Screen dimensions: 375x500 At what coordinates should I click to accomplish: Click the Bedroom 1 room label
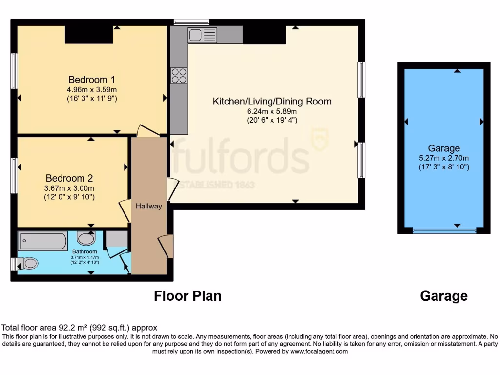click(x=92, y=80)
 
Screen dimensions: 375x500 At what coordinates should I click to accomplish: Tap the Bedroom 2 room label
click(x=69, y=178)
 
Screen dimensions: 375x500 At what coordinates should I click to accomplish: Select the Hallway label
click(x=149, y=206)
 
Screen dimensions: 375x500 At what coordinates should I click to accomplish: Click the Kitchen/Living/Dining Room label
click(x=272, y=102)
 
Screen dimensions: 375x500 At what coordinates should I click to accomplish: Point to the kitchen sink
click(x=202, y=35)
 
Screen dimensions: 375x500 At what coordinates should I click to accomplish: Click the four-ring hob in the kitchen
click(x=179, y=75)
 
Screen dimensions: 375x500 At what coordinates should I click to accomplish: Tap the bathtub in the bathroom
click(x=42, y=241)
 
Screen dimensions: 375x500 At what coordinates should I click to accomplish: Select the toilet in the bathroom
click(x=28, y=264)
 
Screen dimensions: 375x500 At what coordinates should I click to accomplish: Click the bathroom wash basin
click(x=86, y=239)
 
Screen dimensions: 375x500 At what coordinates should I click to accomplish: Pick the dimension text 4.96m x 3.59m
click(x=92, y=90)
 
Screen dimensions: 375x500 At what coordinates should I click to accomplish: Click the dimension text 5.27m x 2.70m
click(x=444, y=158)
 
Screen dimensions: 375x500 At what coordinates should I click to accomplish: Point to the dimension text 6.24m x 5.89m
click(x=272, y=111)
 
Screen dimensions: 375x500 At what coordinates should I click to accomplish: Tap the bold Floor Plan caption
click(x=187, y=296)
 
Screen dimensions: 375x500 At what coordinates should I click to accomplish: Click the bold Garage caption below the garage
click(x=443, y=296)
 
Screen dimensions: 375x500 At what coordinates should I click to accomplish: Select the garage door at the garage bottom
click(x=444, y=230)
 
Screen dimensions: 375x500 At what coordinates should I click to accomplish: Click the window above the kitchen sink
click(x=191, y=21)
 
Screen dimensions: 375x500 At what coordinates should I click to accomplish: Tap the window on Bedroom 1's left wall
click(x=14, y=71)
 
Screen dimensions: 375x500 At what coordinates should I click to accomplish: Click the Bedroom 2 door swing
click(x=124, y=210)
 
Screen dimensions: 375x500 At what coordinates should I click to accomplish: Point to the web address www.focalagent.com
click(x=318, y=351)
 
